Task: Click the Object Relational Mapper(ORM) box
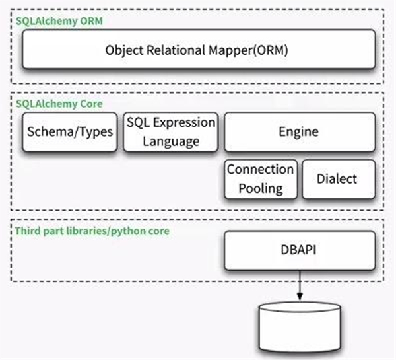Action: [x=198, y=50]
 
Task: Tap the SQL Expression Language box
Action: [x=171, y=131]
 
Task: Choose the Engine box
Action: [x=300, y=131]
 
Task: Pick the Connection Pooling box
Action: [x=260, y=178]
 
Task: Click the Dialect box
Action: [x=339, y=178]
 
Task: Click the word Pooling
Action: [x=260, y=188]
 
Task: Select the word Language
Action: [x=171, y=141]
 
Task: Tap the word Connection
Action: [x=260, y=169]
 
